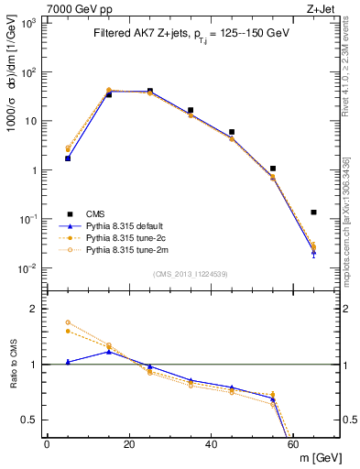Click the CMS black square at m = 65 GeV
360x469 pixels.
click(x=314, y=213)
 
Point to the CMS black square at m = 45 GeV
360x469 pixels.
click(x=232, y=132)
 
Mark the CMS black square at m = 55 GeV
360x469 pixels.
click(x=273, y=169)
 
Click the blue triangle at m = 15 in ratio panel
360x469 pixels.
click(x=109, y=351)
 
